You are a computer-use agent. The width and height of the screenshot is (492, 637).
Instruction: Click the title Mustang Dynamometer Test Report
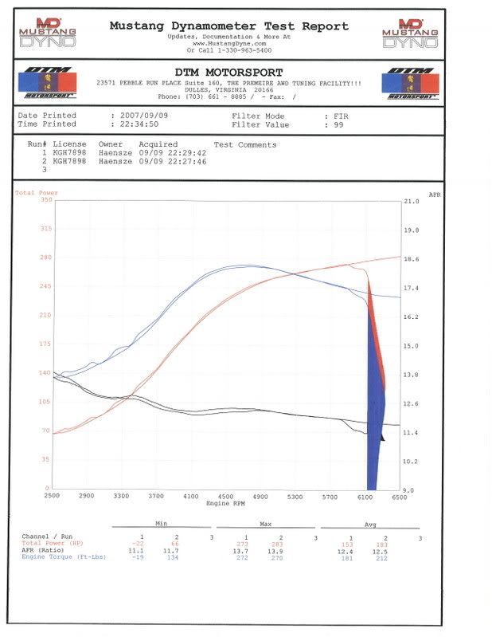[x=228, y=26]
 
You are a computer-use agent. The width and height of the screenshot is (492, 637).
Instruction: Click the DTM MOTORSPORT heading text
[x=228, y=73]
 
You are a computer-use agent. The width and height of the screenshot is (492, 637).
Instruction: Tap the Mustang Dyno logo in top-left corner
[x=49, y=33]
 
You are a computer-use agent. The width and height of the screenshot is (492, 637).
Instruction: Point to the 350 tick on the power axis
[x=45, y=200]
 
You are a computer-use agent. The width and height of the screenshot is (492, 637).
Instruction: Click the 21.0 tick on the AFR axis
[x=411, y=202]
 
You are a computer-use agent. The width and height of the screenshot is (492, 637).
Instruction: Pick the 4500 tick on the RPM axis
[x=226, y=496]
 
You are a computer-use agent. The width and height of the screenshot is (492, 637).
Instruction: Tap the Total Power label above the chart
[x=37, y=193]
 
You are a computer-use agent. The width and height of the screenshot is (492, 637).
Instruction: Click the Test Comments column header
[x=245, y=145]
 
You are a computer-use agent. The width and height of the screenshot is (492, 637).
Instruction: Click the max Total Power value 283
[x=276, y=543]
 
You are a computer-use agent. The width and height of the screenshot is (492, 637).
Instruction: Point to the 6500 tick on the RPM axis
[x=399, y=496]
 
